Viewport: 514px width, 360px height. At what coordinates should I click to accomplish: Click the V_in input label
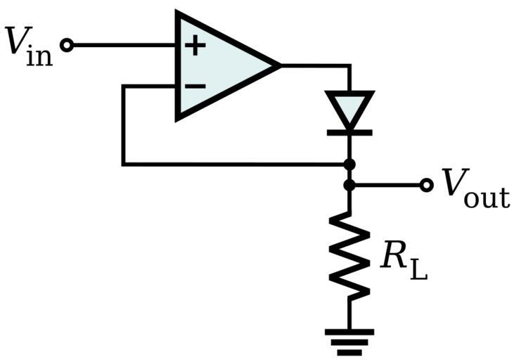(x=28, y=46)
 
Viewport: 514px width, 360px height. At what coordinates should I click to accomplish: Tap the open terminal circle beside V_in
(x=67, y=46)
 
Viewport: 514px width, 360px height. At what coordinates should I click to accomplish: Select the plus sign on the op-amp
(x=195, y=46)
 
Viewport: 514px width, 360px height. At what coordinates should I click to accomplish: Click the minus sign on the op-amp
(x=195, y=86)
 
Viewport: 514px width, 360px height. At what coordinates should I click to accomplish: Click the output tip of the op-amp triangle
(x=279, y=65)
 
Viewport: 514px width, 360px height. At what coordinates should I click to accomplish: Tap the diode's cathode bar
(x=349, y=131)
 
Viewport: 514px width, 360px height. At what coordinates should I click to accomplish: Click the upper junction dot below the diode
(x=349, y=165)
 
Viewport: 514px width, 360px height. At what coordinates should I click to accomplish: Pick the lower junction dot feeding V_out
(x=349, y=186)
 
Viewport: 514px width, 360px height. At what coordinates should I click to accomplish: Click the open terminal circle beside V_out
(x=425, y=186)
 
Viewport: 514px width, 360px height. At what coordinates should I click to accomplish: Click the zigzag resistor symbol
(x=349, y=257)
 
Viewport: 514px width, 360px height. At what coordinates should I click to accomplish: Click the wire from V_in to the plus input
(x=123, y=46)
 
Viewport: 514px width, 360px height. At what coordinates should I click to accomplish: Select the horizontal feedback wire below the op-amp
(x=232, y=165)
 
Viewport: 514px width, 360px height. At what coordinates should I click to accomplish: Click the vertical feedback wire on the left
(x=123, y=127)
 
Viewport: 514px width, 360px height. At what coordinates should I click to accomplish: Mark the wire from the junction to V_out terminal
(x=387, y=186)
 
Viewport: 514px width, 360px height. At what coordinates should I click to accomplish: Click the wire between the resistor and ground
(x=349, y=313)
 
